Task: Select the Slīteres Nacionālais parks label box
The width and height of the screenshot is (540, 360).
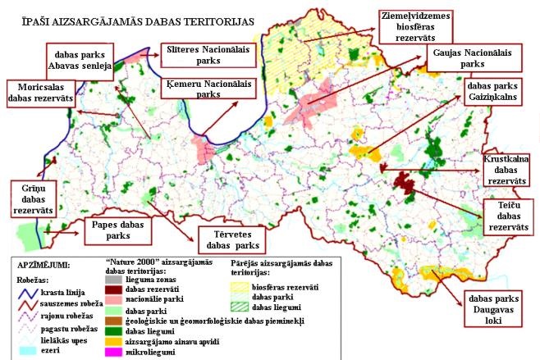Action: click(x=208, y=53)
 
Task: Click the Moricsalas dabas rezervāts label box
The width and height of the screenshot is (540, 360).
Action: click(x=39, y=93)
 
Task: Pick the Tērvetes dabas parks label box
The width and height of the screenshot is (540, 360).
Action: click(x=231, y=239)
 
